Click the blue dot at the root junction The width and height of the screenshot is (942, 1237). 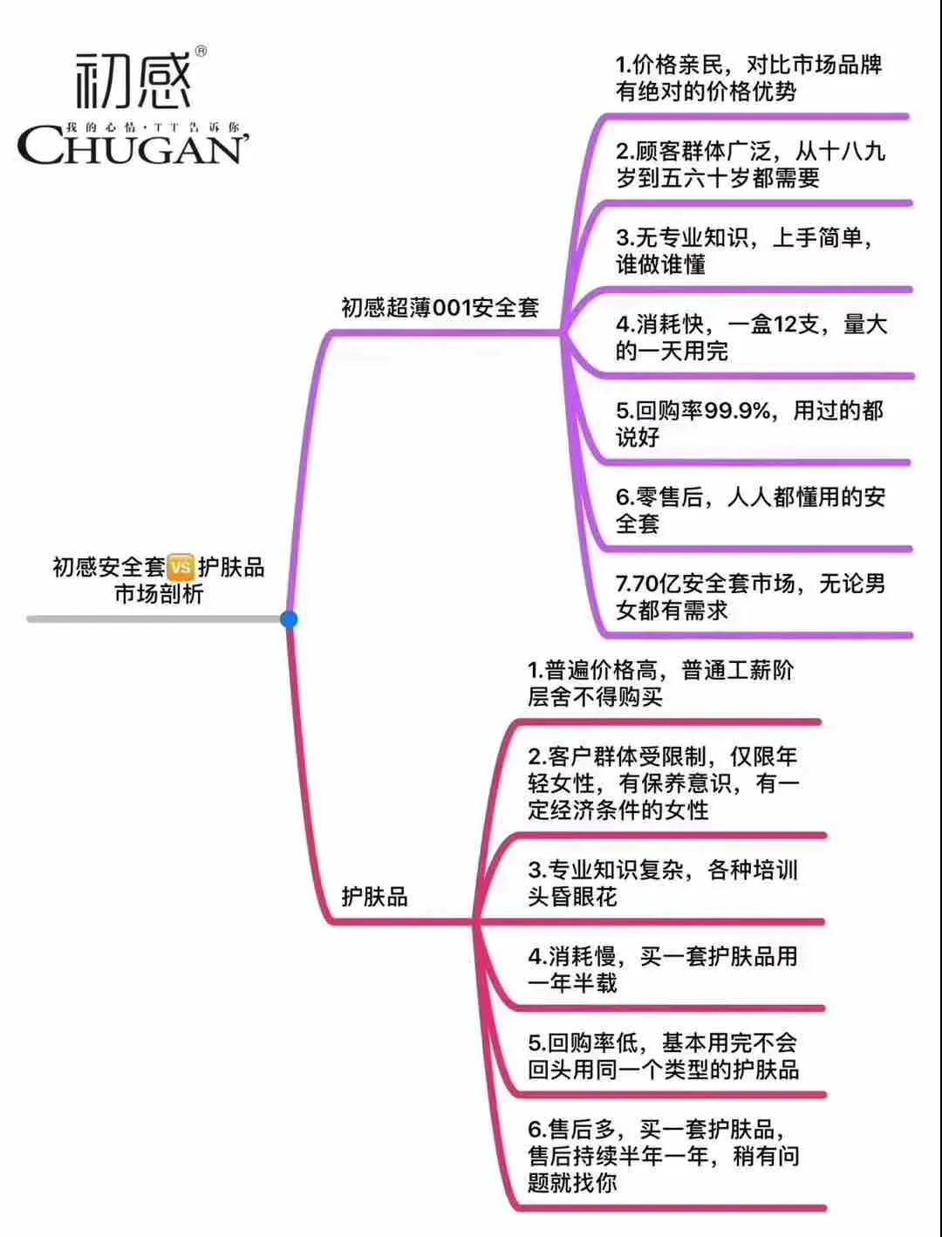click(289, 619)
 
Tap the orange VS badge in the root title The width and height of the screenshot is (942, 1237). click(181, 567)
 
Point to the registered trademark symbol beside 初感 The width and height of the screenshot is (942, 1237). click(200, 51)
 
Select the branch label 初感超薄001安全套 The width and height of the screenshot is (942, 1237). click(440, 308)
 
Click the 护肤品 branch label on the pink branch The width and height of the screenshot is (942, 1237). click(374, 897)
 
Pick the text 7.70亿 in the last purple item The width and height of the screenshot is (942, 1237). click(650, 584)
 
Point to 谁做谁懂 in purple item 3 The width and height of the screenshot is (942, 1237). click(661, 264)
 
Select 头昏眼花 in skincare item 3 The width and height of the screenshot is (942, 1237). click(572, 897)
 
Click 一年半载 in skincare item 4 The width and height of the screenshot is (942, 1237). click(572, 983)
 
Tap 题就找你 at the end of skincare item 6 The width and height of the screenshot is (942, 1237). click(572, 1183)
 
